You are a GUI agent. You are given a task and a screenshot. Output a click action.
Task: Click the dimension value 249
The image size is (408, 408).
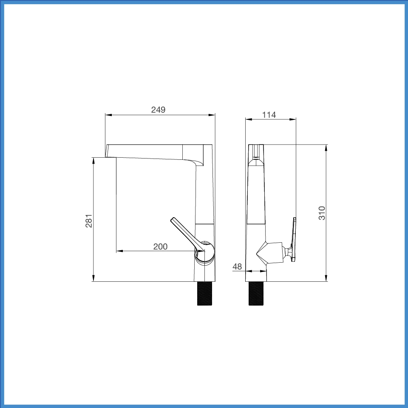(x=158, y=110)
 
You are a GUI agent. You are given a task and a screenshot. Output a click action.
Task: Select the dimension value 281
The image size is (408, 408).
(x=89, y=221)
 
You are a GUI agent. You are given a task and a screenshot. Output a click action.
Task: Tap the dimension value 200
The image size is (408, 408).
(x=160, y=246)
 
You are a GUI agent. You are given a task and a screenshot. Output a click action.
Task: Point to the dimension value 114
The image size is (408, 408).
(x=269, y=114)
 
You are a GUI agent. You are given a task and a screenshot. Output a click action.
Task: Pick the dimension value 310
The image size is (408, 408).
(x=322, y=213)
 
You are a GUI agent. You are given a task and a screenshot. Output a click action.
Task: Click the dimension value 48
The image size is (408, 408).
(x=237, y=266)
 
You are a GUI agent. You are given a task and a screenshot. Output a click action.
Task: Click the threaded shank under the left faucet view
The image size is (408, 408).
(x=204, y=293)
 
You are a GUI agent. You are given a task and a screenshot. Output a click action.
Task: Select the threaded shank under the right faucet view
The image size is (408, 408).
(x=256, y=293)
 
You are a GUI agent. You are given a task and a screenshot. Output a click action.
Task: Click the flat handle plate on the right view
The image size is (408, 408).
(x=294, y=239)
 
